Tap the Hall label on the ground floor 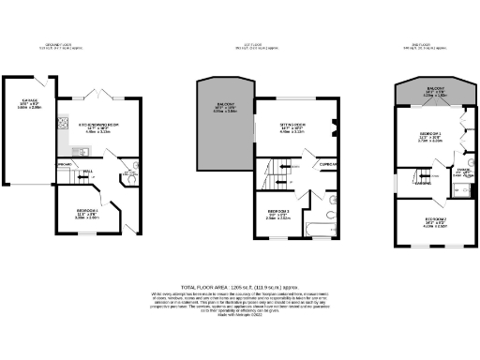(x=86, y=172)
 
